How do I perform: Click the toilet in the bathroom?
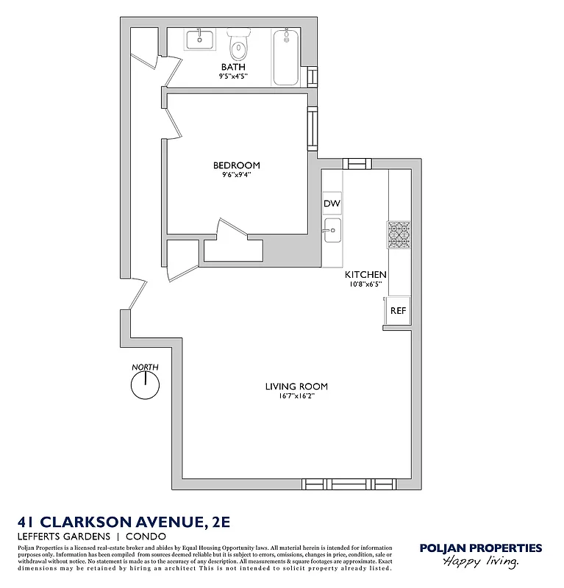pos(238,48)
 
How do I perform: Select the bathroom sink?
pos(199,40)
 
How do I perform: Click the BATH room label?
pos(233,67)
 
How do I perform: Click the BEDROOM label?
pos(236,165)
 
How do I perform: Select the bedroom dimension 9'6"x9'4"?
pos(236,175)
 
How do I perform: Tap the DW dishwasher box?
pos(332,204)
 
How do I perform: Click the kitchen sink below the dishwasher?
pos(332,230)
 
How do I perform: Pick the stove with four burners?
pos(399,234)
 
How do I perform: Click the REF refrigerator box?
pos(398,311)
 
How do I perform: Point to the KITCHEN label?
pos(365,275)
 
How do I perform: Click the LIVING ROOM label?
pos(296,387)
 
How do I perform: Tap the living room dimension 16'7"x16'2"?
pos(296,396)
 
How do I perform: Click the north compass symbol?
pos(145,384)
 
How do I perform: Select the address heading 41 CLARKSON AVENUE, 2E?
pos(124,522)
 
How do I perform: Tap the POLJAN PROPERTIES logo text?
pos(480,548)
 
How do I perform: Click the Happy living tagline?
pos(480,562)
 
